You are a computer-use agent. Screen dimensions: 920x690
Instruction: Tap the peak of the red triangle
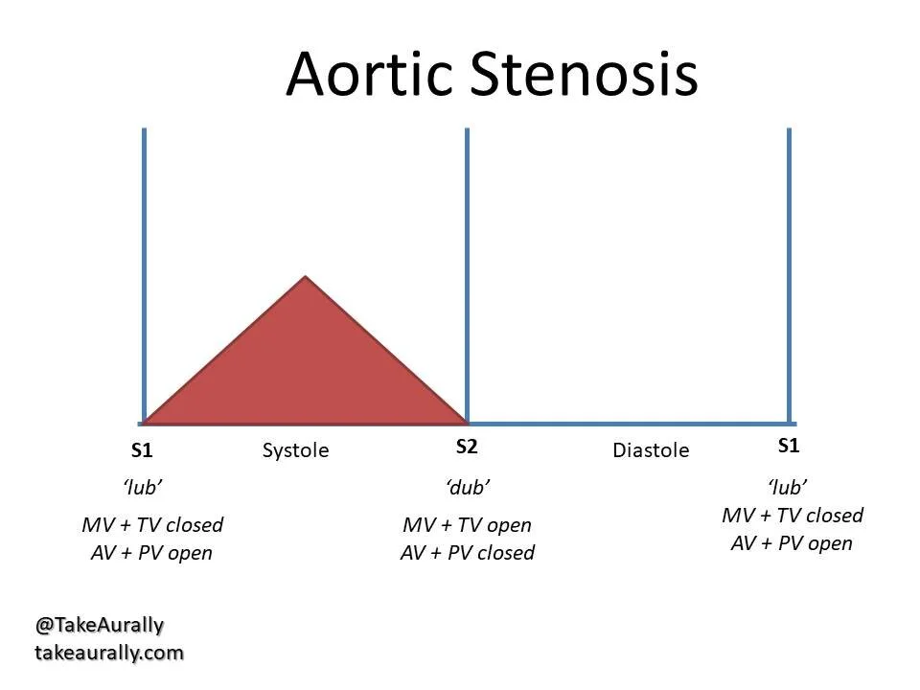pos(306,278)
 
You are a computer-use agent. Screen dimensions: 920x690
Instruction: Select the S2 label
pos(467,446)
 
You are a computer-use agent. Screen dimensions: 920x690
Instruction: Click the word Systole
pos(295,450)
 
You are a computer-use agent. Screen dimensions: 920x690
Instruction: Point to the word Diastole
pos(651,450)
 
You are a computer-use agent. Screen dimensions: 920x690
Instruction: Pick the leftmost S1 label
pos(142,450)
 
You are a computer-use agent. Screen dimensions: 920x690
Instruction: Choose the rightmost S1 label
pos(789,446)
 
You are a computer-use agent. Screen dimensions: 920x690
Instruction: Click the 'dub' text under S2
pos(468,487)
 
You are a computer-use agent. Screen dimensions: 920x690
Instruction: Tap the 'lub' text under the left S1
pos(143,487)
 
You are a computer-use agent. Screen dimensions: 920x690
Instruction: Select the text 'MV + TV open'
pos(467,525)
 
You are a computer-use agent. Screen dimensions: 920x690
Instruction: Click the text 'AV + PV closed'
pos(467,553)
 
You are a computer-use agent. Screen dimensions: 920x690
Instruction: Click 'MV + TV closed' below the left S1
pos(152,525)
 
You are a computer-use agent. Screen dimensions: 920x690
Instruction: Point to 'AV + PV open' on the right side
pos(792,543)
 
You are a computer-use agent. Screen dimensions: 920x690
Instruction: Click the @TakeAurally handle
pos(100,625)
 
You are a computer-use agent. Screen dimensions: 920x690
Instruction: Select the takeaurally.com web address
pos(108,653)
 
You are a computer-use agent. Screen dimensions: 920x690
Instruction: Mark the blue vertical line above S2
pos(467,268)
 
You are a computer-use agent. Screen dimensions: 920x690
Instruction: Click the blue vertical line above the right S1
pos(789,268)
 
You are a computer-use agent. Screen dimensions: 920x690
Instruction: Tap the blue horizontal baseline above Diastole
pos(628,423)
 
